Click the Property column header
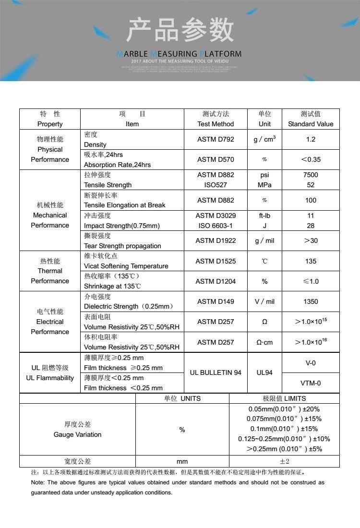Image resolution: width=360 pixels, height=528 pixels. point(50,119)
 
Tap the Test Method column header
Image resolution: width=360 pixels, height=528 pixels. point(216,119)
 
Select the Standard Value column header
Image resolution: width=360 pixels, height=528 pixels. point(311,119)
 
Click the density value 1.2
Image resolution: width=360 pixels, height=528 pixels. point(311,139)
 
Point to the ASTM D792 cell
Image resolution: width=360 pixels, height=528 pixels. point(216,139)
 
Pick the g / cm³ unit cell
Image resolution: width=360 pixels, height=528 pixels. point(264,139)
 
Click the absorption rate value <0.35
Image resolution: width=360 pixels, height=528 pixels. point(311,159)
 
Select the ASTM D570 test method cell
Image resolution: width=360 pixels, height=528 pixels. point(216,159)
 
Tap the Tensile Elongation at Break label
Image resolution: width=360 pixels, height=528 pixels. point(124,205)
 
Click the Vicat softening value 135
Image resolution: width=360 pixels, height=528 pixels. point(311,261)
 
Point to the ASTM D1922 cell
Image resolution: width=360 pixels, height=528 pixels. point(216,240)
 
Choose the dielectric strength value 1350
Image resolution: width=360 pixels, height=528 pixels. point(311,301)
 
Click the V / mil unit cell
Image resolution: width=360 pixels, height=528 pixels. point(264,301)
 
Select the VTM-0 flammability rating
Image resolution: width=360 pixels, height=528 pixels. point(311,383)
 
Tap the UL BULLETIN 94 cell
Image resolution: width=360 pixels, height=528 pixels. point(216,372)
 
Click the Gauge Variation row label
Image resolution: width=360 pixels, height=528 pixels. point(77,430)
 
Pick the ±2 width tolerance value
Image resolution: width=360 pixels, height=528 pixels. point(285,461)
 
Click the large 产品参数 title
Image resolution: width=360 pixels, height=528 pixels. point(180,30)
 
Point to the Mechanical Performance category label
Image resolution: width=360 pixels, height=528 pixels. point(50,215)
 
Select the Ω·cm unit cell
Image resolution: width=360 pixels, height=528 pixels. point(264,342)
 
